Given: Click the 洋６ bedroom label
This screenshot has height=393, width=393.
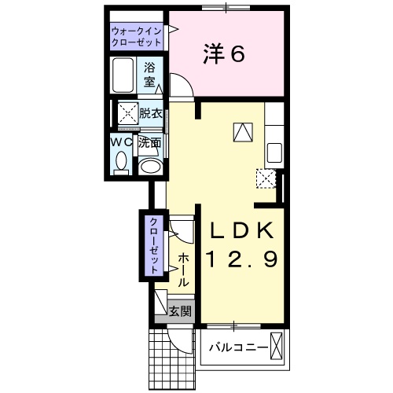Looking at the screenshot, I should point(224,53).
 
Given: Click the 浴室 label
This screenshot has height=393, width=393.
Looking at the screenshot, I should point(150,74).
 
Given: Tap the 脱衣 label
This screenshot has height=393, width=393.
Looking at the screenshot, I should point(151,113).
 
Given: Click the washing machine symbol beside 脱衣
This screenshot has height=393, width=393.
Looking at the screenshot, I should point(127,113).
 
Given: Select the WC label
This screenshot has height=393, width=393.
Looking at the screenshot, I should point(120,142).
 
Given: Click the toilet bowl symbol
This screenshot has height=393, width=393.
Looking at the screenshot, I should point(120,163).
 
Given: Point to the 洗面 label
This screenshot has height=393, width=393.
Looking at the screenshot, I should point(150,143).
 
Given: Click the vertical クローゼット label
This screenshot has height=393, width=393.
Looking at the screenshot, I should point(155,244).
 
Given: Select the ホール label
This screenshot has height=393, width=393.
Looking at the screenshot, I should point(182,269).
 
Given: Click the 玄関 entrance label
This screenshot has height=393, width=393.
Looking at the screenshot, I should point(180,310).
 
